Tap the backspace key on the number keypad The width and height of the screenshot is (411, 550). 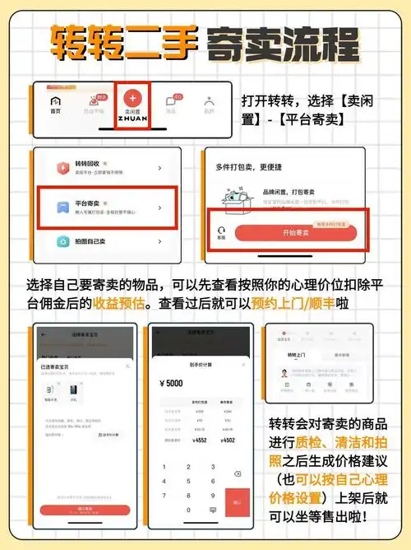[237, 473]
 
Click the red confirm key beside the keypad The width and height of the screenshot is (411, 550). [237, 501]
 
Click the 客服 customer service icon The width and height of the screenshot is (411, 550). [220, 234]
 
